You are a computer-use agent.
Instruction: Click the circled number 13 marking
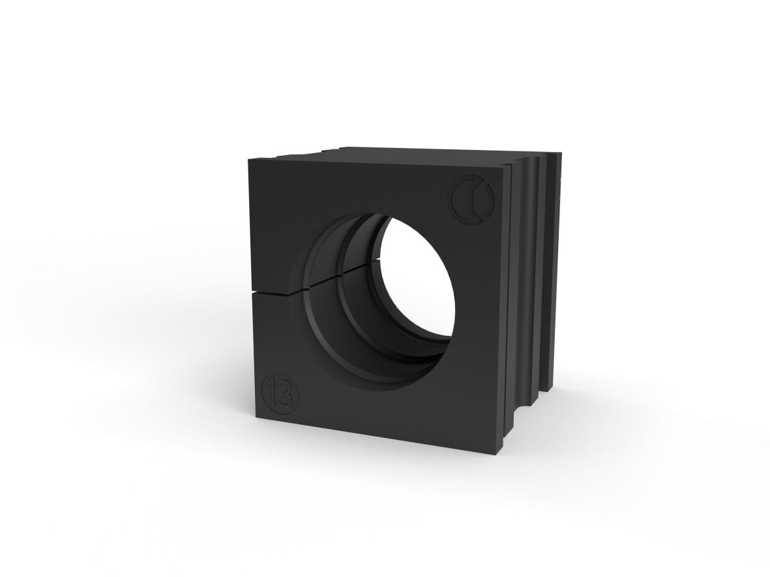282,392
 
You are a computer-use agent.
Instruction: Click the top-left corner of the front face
249,160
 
